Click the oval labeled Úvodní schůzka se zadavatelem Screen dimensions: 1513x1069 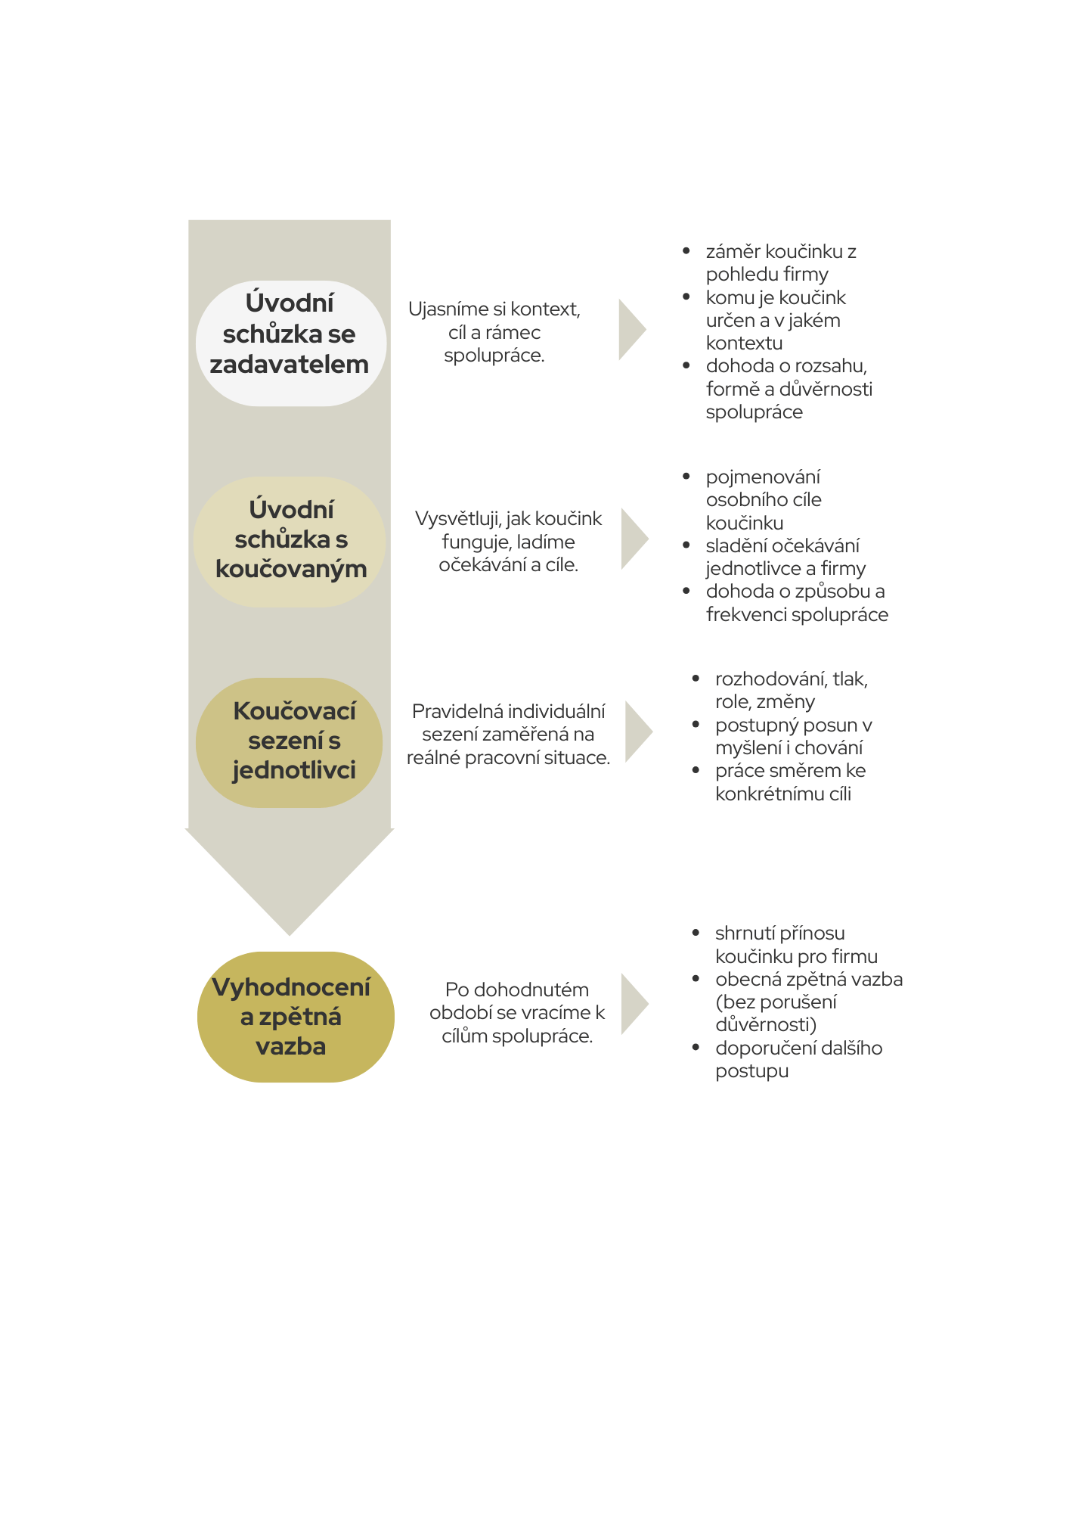coord(290,343)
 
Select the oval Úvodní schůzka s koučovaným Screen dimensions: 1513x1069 coord(290,542)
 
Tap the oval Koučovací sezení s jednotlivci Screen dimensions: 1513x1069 coord(290,742)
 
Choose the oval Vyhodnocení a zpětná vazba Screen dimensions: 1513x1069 coord(295,1017)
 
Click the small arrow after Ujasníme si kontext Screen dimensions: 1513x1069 coord(631,330)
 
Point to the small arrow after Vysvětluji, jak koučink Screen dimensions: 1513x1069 coord(633,539)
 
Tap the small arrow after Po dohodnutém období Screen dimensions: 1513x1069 coord(633,1004)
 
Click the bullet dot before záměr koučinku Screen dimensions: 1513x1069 coord(686,251)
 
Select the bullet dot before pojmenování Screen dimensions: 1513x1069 coord(686,477)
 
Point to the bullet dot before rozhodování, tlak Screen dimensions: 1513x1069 coord(696,679)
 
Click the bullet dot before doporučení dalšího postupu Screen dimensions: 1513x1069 coord(696,1048)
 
